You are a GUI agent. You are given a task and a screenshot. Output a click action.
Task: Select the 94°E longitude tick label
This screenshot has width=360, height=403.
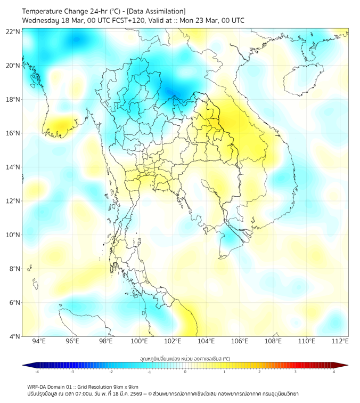tap(39, 341)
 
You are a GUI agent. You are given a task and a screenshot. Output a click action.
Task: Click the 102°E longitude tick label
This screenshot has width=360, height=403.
tap(173, 341)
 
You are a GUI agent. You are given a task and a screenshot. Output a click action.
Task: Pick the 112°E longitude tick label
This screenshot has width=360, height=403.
tap(340, 341)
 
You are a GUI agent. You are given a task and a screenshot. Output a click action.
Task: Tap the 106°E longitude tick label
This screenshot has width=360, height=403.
tap(240, 341)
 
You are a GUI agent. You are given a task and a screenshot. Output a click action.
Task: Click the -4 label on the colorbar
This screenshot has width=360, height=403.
tap(37, 372)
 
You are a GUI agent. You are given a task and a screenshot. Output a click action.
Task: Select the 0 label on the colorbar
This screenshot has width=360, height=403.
tap(185, 372)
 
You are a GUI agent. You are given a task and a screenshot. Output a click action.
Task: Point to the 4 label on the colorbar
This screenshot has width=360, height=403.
tap(333, 372)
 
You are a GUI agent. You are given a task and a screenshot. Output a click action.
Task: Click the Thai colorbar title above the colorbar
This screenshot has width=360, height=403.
tap(185, 358)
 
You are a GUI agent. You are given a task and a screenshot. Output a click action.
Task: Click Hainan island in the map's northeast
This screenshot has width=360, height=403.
tap(301, 80)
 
